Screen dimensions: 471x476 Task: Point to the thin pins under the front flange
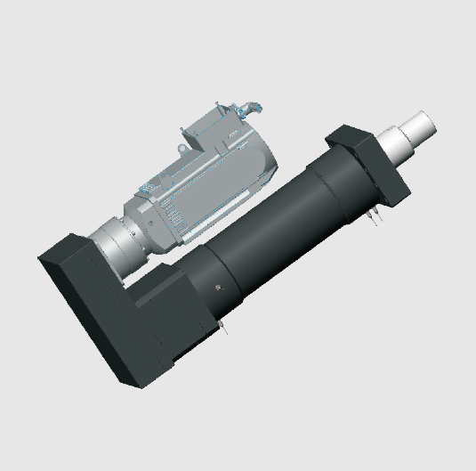click(x=373, y=216)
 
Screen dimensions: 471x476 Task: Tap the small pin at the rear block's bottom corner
click(x=223, y=333)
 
